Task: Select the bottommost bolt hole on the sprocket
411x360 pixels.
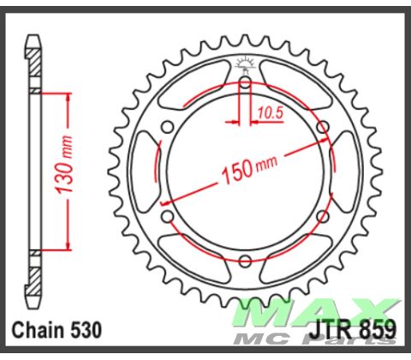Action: coord(245,261)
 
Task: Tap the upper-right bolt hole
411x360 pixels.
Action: coord(322,128)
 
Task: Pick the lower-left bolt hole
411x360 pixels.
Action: coord(168,217)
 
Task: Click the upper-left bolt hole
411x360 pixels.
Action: coord(168,128)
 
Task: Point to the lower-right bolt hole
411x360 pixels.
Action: coord(322,217)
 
